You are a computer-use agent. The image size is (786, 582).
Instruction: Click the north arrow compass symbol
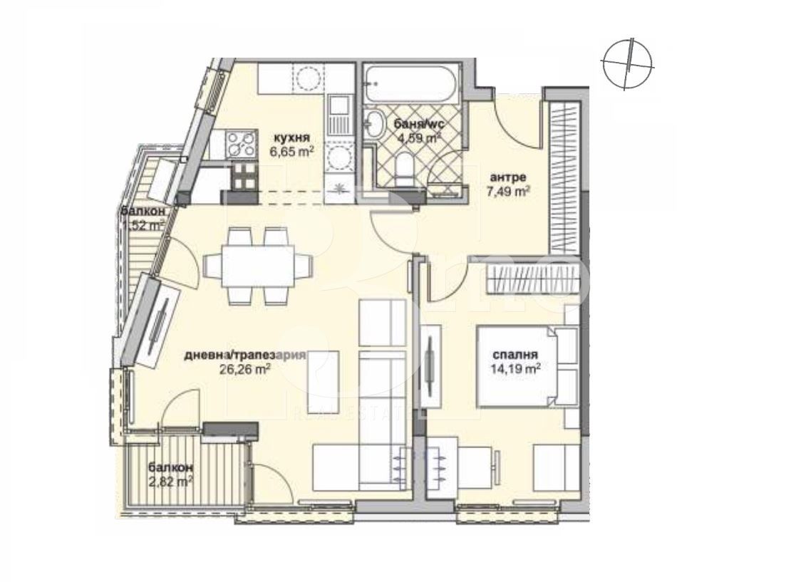tap(626, 63)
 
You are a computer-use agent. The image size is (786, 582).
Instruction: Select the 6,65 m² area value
tap(293, 152)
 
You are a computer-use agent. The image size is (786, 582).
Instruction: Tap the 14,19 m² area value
tap(514, 368)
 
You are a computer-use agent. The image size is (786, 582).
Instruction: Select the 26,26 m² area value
tap(246, 369)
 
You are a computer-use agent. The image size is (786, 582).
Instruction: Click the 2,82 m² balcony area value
tap(170, 481)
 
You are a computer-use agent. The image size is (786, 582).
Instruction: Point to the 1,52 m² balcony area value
tap(143, 224)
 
